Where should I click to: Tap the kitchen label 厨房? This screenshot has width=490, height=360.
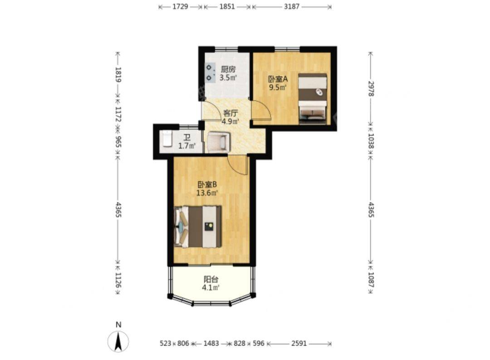coord(228,69)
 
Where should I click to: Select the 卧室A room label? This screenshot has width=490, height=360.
coord(278,79)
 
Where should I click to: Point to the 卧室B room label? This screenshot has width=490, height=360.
coord(207,185)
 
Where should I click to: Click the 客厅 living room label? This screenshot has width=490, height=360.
coord(230,113)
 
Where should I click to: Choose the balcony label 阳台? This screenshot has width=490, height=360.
coord(211,279)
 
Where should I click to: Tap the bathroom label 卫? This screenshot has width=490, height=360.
coord(186,137)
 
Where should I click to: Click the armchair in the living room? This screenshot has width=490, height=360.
coord(219,142)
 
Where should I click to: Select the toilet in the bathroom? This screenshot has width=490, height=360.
coord(167,139)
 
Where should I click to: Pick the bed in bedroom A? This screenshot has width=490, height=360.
coord(313,98)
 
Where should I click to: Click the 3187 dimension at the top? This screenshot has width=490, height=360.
coord(292,6)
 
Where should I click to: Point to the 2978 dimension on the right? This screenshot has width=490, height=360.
coord(371,88)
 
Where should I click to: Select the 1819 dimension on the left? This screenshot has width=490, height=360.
coord(118,74)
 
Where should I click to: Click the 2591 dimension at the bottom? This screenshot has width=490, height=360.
coord(299,344)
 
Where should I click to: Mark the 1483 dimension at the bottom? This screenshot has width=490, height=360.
coord(211,344)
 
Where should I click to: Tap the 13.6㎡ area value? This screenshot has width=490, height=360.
coord(207,193)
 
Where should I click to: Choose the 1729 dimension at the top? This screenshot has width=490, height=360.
coord(180,6)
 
